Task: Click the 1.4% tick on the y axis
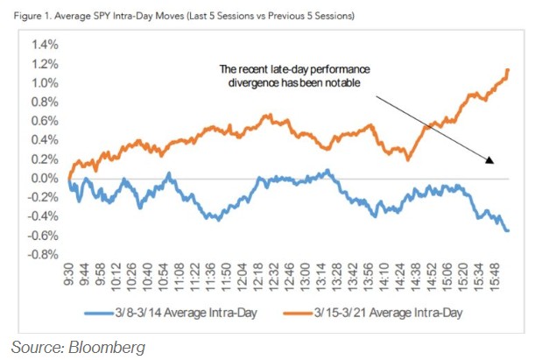44,45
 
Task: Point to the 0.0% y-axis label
44,178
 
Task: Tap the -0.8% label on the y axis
42,254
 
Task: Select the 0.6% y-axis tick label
44,121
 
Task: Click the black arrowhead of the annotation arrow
489,160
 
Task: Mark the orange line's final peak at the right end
509,69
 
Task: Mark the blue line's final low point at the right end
509,230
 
